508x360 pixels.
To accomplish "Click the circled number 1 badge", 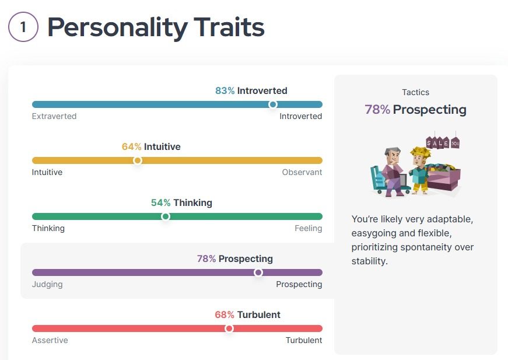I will [x=23, y=27].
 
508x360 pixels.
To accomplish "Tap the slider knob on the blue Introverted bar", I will [x=272, y=104].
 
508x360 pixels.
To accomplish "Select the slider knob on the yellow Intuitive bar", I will [x=138, y=160].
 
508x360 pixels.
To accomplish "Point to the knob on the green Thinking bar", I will [x=166, y=216].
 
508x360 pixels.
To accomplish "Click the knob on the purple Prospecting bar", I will [x=258, y=272].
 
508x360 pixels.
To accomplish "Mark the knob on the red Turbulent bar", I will [x=229, y=328].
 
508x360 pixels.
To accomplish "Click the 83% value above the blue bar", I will [x=225, y=91].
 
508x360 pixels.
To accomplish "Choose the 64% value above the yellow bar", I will [x=131, y=147].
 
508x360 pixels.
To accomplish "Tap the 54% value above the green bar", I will [x=160, y=203].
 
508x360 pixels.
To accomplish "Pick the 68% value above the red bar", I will [x=225, y=315].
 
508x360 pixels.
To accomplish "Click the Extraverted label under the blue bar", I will [x=54, y=116].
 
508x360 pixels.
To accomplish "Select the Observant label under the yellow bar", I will [x=302, y=172].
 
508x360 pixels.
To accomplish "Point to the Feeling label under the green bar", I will [x=309, y=228].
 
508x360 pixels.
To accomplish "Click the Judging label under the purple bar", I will [x=47, y=284].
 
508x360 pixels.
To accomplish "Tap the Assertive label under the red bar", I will [x=50, y=340].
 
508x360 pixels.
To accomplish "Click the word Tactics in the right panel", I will [x=415, y=92].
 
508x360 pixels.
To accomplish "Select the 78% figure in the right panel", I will [x=377, y=110].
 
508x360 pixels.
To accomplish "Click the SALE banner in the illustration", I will [x=438, y=142].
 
